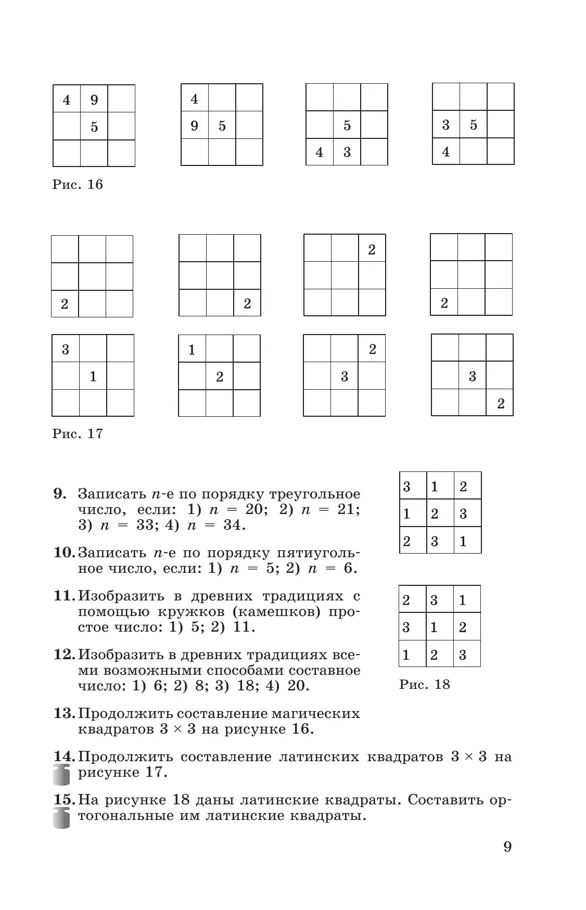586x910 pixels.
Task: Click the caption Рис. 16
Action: [78, 185]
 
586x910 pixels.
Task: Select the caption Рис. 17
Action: [78, 433]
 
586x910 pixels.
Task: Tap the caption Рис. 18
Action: [424, 684]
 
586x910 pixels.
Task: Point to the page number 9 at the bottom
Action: [507, 847]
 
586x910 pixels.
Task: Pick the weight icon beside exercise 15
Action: [61, 818]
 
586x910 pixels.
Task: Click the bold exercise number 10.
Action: [65, 552]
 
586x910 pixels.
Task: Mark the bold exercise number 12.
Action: [65, 654]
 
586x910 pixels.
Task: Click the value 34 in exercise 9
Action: [233, 525]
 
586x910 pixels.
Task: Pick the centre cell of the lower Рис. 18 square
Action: [440, 626]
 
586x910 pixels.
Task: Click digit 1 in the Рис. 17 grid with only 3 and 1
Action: [93, 376]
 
